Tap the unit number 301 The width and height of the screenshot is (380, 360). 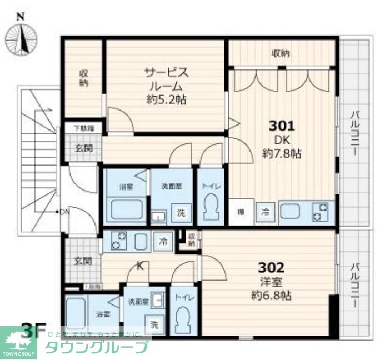click(281, 125)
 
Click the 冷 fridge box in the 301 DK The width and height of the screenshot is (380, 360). click(266, 211)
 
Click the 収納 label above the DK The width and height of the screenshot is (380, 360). click(281, 54)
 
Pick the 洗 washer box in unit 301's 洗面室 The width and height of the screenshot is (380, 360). click(181, 212)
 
